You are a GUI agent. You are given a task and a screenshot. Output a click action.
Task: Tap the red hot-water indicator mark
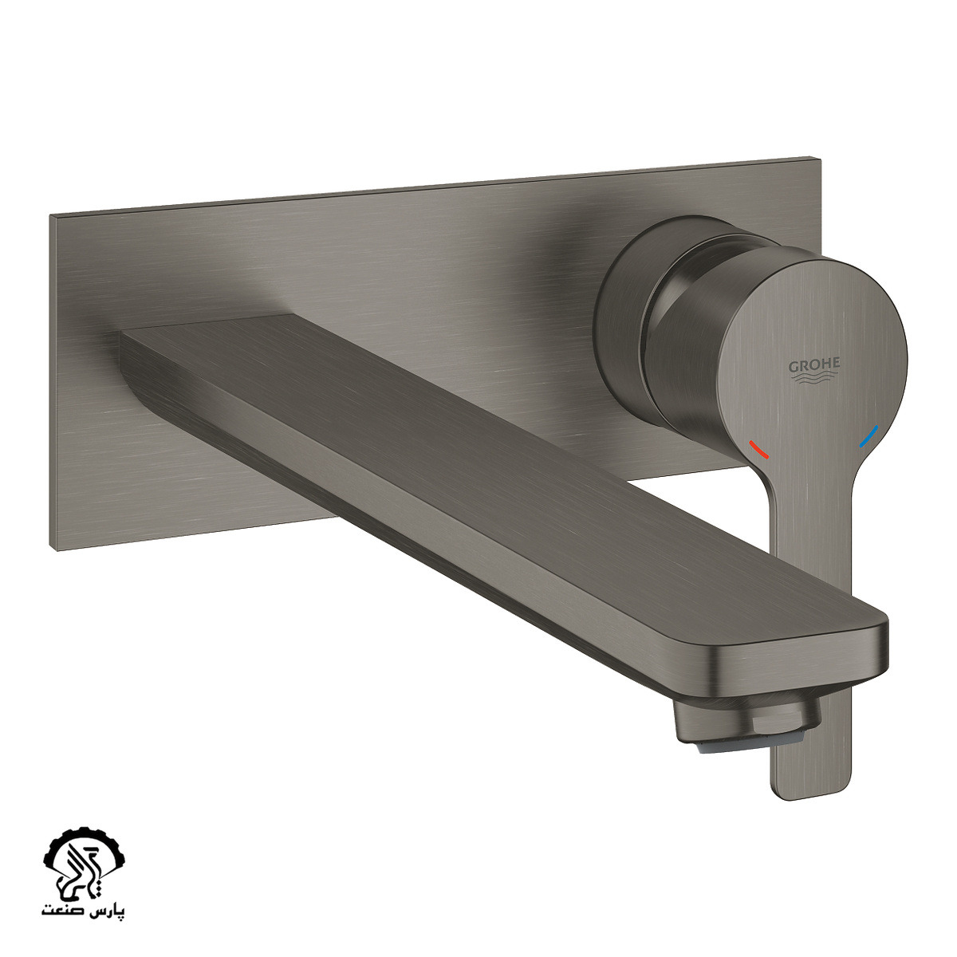(759, 450)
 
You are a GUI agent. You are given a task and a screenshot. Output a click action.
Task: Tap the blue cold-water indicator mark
(868, 435)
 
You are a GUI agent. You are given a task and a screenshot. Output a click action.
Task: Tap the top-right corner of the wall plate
(820, 159)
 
